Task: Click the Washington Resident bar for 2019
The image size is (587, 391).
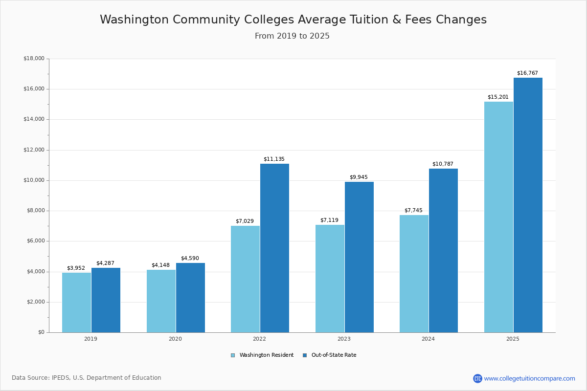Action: (76, 303)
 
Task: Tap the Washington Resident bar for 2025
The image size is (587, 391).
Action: (498, 217)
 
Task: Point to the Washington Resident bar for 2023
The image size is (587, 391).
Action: (330, 279)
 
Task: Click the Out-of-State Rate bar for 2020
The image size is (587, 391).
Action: (190, 298)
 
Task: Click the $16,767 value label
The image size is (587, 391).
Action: (527, 73)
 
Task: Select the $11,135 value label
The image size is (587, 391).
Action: (274, 159)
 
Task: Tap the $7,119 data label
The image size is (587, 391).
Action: (329, 220)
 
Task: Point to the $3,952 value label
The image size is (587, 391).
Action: (76, 268)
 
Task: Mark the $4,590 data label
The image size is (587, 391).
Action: (190, 259)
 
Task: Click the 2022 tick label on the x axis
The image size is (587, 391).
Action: (260, 339)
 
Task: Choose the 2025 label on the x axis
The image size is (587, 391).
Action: (513, 339)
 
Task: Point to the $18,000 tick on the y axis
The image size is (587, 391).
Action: (34, 59)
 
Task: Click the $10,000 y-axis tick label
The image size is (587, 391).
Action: (34, 180)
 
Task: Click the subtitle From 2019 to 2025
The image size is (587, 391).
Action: (292, 36)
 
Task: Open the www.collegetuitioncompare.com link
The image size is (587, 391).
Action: (529, 378)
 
